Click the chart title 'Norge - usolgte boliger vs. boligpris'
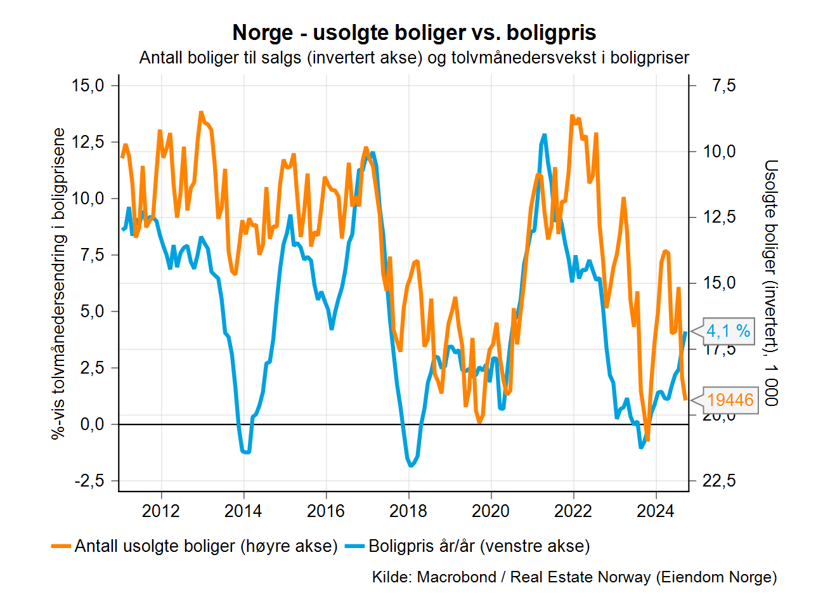tap(414, 32)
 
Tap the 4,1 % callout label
tap(728, 330)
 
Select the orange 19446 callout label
tap(730, 400)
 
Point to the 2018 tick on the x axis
tap(408, 511)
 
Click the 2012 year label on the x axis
tap(161, 511)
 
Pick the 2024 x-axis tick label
tap(656, 511)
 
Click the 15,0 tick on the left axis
tap(88, 85)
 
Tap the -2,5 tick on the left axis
tap(88, 481)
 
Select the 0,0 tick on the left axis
tap(93, 424)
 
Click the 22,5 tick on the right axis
tap(720, 481)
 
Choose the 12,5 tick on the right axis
tap(720, 217)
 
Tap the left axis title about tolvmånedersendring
tap(59, 284)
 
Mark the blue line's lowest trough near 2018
tap(412, 465)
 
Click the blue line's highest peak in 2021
tap(545, 136)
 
